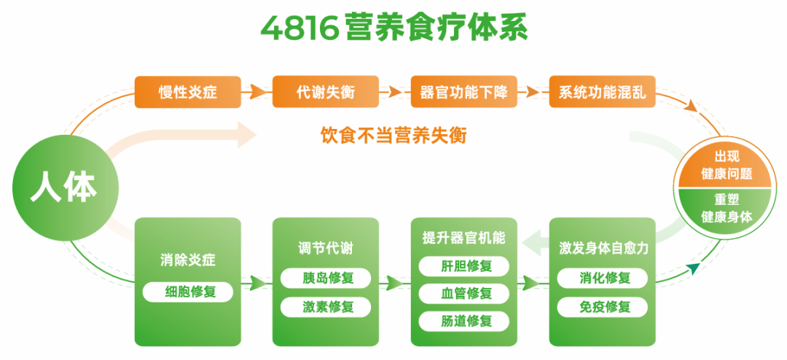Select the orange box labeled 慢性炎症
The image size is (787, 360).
click(x=187, y=93)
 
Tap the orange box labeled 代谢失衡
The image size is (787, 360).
click(x=326, y=93)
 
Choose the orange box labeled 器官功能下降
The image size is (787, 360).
click(x=463, y=93)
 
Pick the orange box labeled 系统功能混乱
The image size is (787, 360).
click(x=602, y=93)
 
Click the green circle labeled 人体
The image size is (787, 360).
click(x=63, y=188)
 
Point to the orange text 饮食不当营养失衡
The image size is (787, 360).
click(x=393, y=135)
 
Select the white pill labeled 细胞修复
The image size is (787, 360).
click(x=188, y=292)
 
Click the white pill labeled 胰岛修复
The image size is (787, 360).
click(x=326, y=278)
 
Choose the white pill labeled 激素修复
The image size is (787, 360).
click(x=326, y=307)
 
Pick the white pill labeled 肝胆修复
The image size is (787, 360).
click(x=464, y=265)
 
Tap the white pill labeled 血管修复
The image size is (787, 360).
click(x=464, y=293)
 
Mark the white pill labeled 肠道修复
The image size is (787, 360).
click(x=464, y=321)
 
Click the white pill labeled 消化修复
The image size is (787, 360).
click(x=603, y=278)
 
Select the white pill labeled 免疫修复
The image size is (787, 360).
click(x=603, y=307)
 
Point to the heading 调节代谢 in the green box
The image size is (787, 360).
click(x=326, y=249)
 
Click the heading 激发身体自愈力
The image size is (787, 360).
click(x=603, y=249)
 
